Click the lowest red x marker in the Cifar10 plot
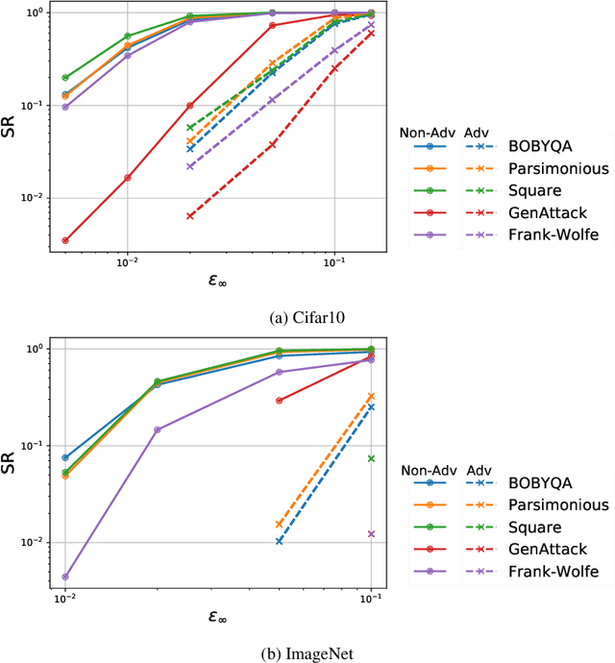click(190, 216)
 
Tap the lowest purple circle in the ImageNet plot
click(65, 577)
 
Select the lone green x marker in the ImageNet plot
click(371, 458)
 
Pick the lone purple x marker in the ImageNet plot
click(371, 533)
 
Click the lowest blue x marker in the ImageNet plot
click(280, 541)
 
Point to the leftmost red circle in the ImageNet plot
click(280, 401)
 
